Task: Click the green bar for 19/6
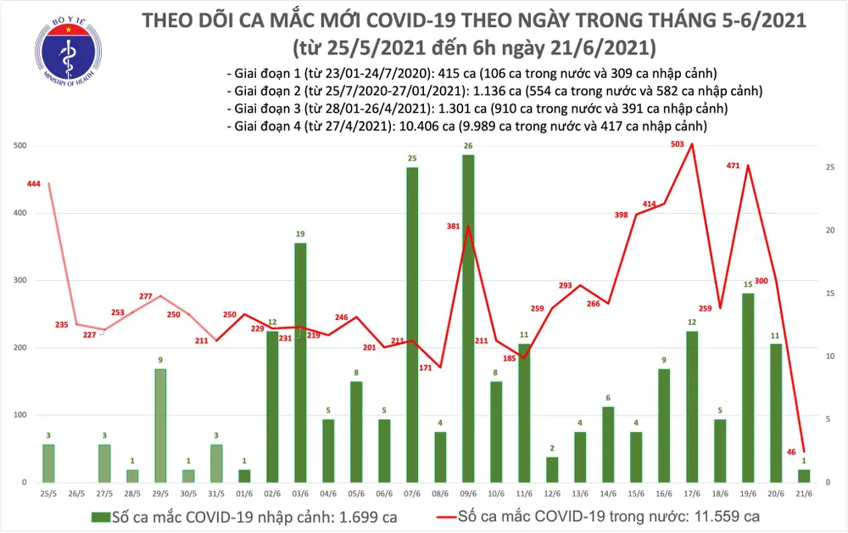[x=747, y=387]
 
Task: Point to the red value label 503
[x=676, y=145]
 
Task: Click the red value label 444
[x=34, y=184]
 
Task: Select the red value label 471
[x=735, y=166]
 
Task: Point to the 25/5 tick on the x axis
[x=48, y=492]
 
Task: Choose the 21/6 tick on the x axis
[x=803, y=492]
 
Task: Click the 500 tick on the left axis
[x=18, y=146]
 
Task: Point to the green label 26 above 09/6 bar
[x=467, y=146]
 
